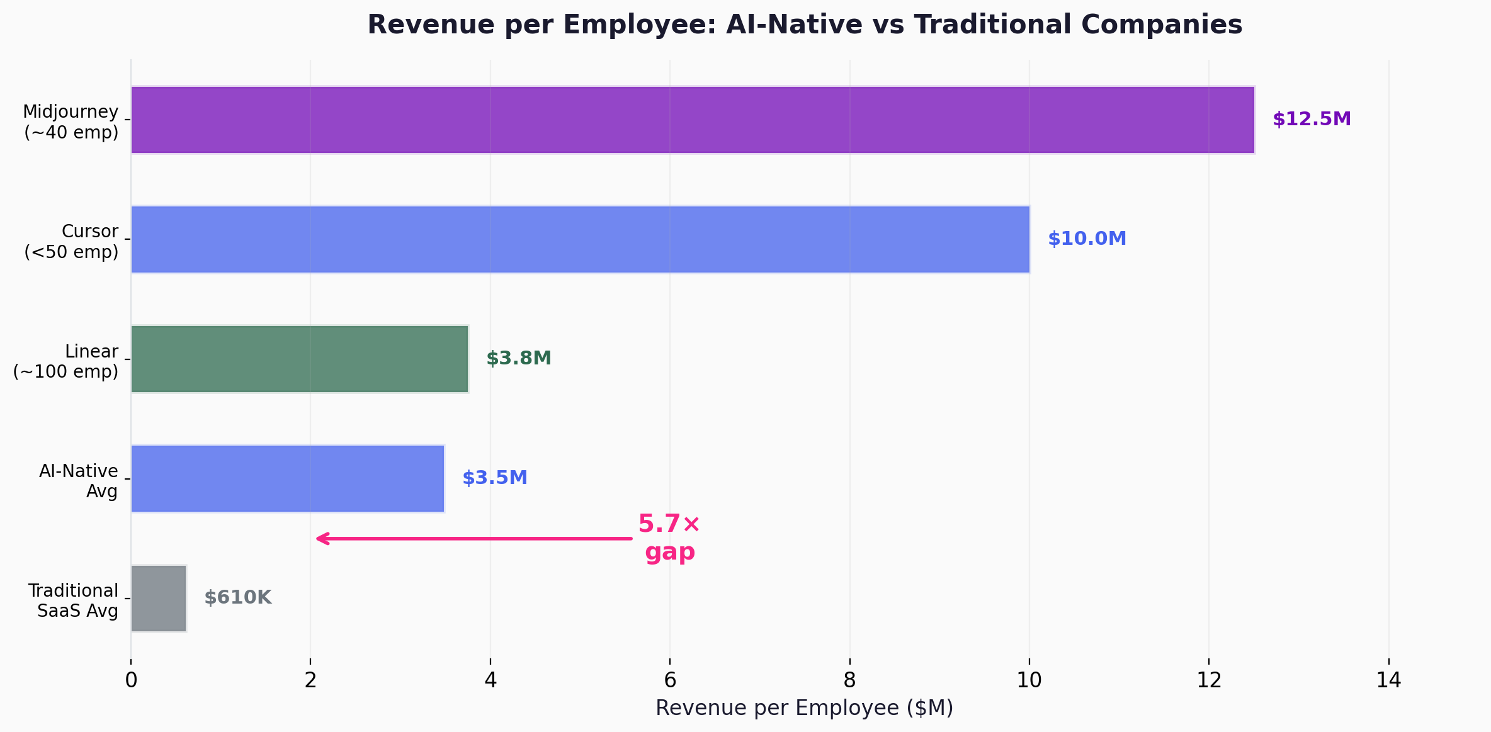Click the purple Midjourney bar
click(693, 120)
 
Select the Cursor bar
click(579, 239)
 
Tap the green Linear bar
click(299, 359)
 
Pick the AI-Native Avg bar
click(287, 478)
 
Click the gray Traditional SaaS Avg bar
click(158, 598)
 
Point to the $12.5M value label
click(1312, 119)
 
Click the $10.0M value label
click(1087, 239)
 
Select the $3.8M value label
click(518, 358)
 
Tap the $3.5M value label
click(494, 478)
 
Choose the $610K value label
click(237, 597)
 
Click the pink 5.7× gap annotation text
click(669, 538)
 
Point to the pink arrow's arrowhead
click(320, 538)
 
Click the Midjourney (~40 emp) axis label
click(71, 121)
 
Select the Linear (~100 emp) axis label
click(65, 361)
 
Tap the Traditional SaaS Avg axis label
click(73, 600)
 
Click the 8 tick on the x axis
click(849, 680)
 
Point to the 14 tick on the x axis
click(1388, 680)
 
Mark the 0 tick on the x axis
click(131, 680)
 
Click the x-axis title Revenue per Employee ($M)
click(804, 708)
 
